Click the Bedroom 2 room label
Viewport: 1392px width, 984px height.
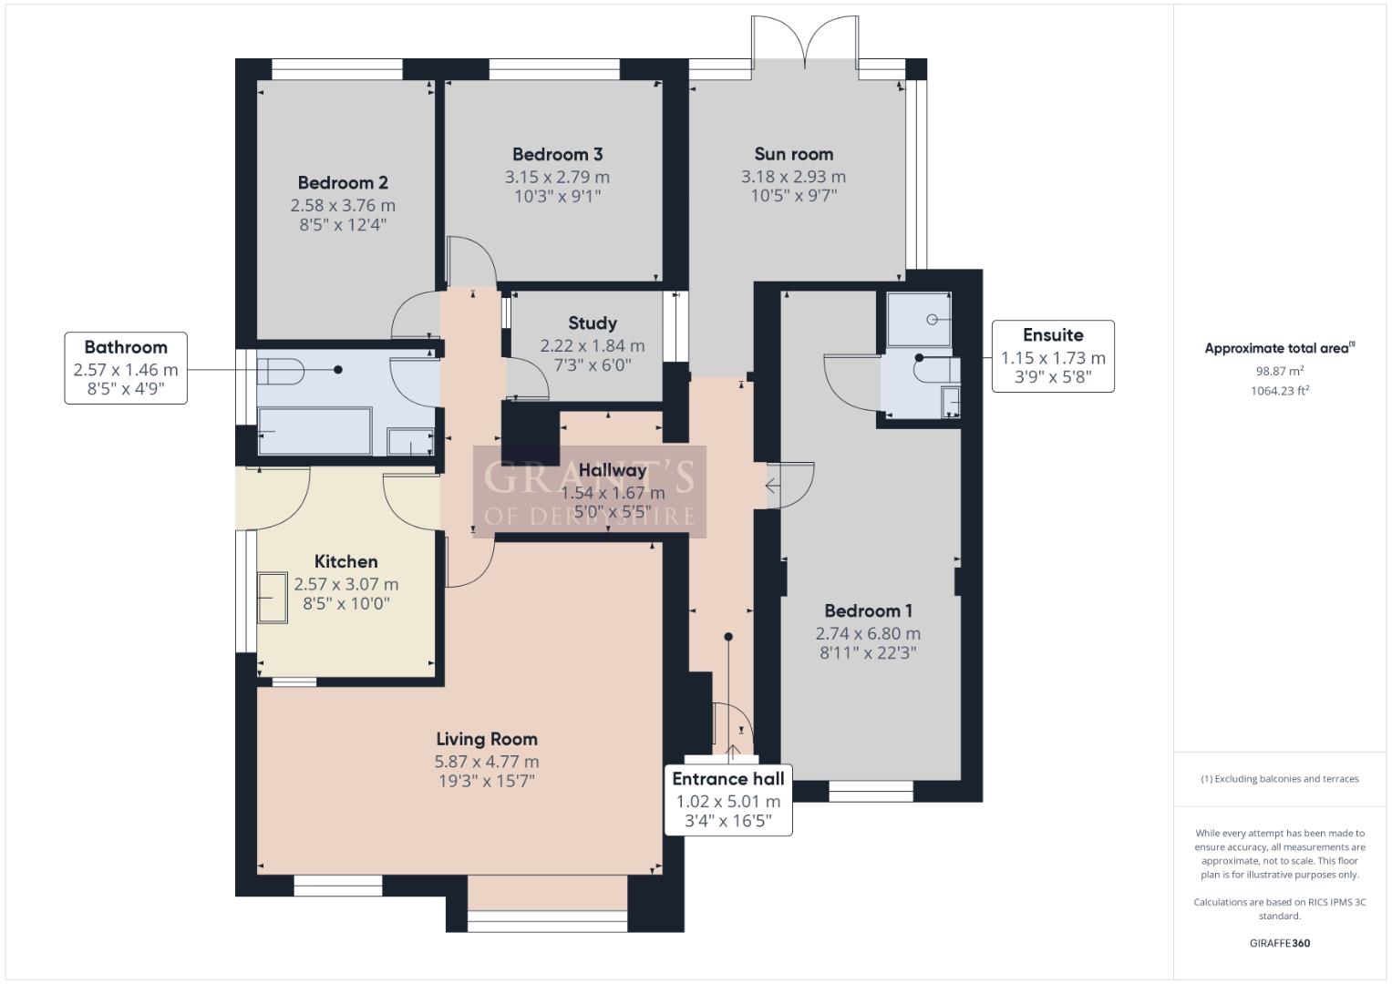pos(343,182)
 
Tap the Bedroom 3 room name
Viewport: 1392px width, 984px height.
pos(557,154)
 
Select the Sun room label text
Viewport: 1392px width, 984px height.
pos(794,154)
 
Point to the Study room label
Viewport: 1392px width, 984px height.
pos(593,323)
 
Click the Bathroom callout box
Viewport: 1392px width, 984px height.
pos(126,368)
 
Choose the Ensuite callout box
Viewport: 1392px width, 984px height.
pos(1053,356)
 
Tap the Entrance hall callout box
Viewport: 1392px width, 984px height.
pos(728,800)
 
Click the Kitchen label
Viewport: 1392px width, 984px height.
pos(345,561)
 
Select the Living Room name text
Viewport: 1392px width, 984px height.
pos(487,739)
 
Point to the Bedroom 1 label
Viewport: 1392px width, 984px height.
pos(868,611)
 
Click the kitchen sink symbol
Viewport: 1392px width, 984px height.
pos(273,598)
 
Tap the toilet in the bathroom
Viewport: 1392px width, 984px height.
pos(280,371)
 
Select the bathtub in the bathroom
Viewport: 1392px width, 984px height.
pos(315,431)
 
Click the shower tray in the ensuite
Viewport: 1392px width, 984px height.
pos(919,319)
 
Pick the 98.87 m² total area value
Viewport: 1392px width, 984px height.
pos(1280,371)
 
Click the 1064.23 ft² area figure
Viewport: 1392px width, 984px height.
pos(1280,391)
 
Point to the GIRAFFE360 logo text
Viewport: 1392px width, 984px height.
pos(1280,943)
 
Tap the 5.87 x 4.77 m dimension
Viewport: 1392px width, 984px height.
pos(487,762)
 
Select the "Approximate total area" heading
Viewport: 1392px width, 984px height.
pos(1280,348)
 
